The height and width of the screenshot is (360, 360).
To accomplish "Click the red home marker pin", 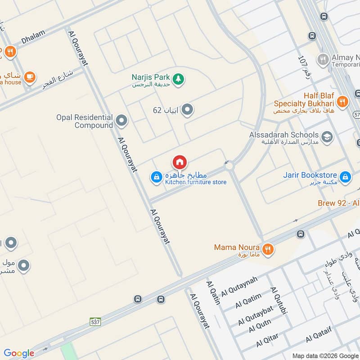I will (180, 162).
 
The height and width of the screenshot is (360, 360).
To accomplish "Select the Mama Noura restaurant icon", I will (268, 249).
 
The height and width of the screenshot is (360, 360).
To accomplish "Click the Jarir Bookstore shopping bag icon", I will (345, 177).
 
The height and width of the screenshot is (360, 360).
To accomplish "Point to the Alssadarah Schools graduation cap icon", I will (327, 137).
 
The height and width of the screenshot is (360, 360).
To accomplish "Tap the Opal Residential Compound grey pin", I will (121, 121).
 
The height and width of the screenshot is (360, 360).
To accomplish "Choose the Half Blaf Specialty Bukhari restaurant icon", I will (342, 102).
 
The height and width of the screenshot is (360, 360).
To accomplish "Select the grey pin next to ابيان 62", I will (187, 110).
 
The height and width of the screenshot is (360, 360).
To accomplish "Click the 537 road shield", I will (95, 322).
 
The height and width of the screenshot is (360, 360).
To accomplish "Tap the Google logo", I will (19, 353).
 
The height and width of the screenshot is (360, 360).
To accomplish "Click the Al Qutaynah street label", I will (239, 287).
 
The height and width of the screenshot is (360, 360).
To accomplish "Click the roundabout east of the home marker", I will (229, 166).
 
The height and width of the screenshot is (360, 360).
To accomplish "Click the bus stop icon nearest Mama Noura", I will (301, 234).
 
